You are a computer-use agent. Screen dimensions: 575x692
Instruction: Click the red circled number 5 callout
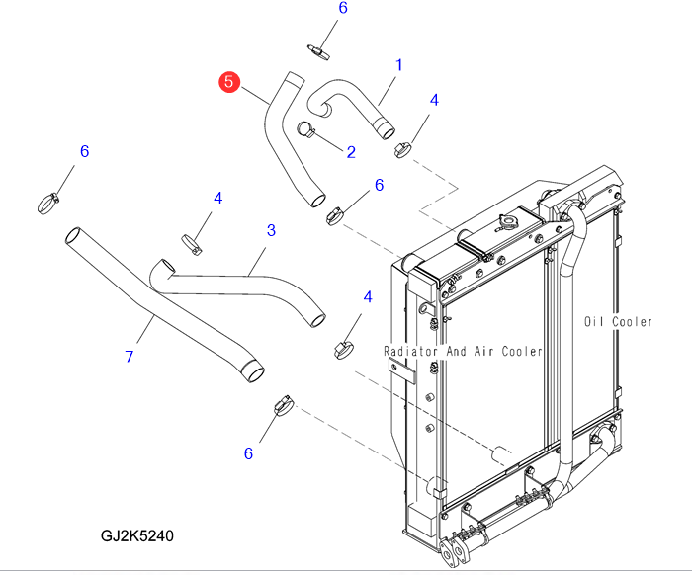tap(229, 82)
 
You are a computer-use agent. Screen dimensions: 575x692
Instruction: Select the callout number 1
tap(399, 65)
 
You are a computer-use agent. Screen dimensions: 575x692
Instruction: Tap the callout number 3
tap(271, 230)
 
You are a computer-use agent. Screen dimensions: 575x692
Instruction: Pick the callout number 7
tap(129, 356)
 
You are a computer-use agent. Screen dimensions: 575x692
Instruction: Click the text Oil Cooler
tap(618, 322)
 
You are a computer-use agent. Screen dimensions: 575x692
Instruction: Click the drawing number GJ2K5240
tap(137, 536)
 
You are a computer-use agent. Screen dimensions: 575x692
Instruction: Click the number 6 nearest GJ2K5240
tap(248, 453)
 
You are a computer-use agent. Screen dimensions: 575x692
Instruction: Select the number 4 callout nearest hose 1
tap(433, 100)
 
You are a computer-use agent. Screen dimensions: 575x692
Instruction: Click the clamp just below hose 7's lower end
tap(283, 404)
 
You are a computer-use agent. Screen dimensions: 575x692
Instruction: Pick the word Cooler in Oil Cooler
tap(633, 322)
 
